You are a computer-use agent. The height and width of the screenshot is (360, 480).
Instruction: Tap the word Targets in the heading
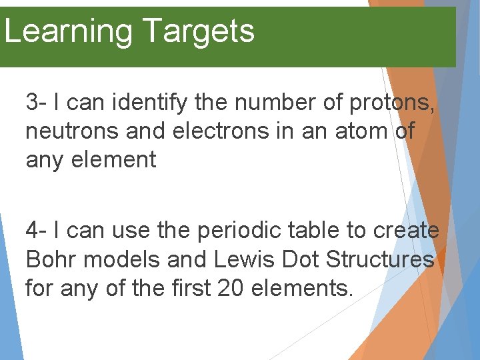tap(198, 32)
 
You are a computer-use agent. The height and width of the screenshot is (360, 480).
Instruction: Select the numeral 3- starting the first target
tap(36, 103)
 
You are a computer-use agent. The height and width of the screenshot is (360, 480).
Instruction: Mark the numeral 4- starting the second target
tap(36, 231)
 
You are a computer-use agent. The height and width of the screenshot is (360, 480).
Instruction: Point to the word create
tap(406, 231)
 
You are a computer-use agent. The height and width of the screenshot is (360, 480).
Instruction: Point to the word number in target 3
tap(269, 103)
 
